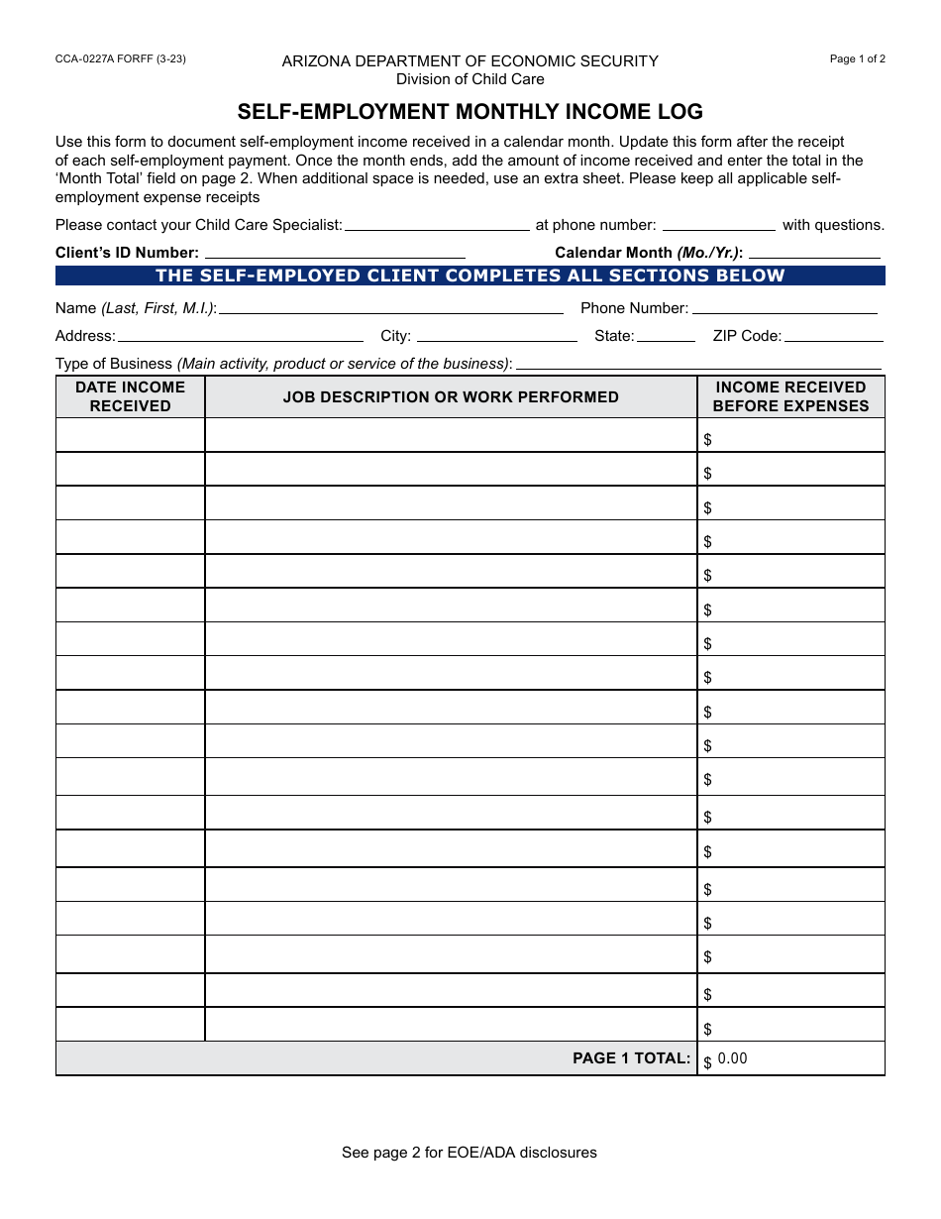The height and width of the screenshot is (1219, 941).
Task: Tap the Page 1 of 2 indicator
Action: point(857,58)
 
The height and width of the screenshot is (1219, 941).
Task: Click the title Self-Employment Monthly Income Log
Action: point(470,111)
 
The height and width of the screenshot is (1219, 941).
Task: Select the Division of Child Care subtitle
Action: point(470,79)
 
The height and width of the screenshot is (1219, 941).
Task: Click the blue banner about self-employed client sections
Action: point(470,276)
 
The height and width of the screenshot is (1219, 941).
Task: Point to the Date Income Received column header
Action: point(130,396)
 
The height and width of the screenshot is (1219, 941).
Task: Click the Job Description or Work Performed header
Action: point(451,396)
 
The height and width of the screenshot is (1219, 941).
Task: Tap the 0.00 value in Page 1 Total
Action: point(733,1058)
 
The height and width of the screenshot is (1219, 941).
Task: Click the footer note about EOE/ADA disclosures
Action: point(470,1153)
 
